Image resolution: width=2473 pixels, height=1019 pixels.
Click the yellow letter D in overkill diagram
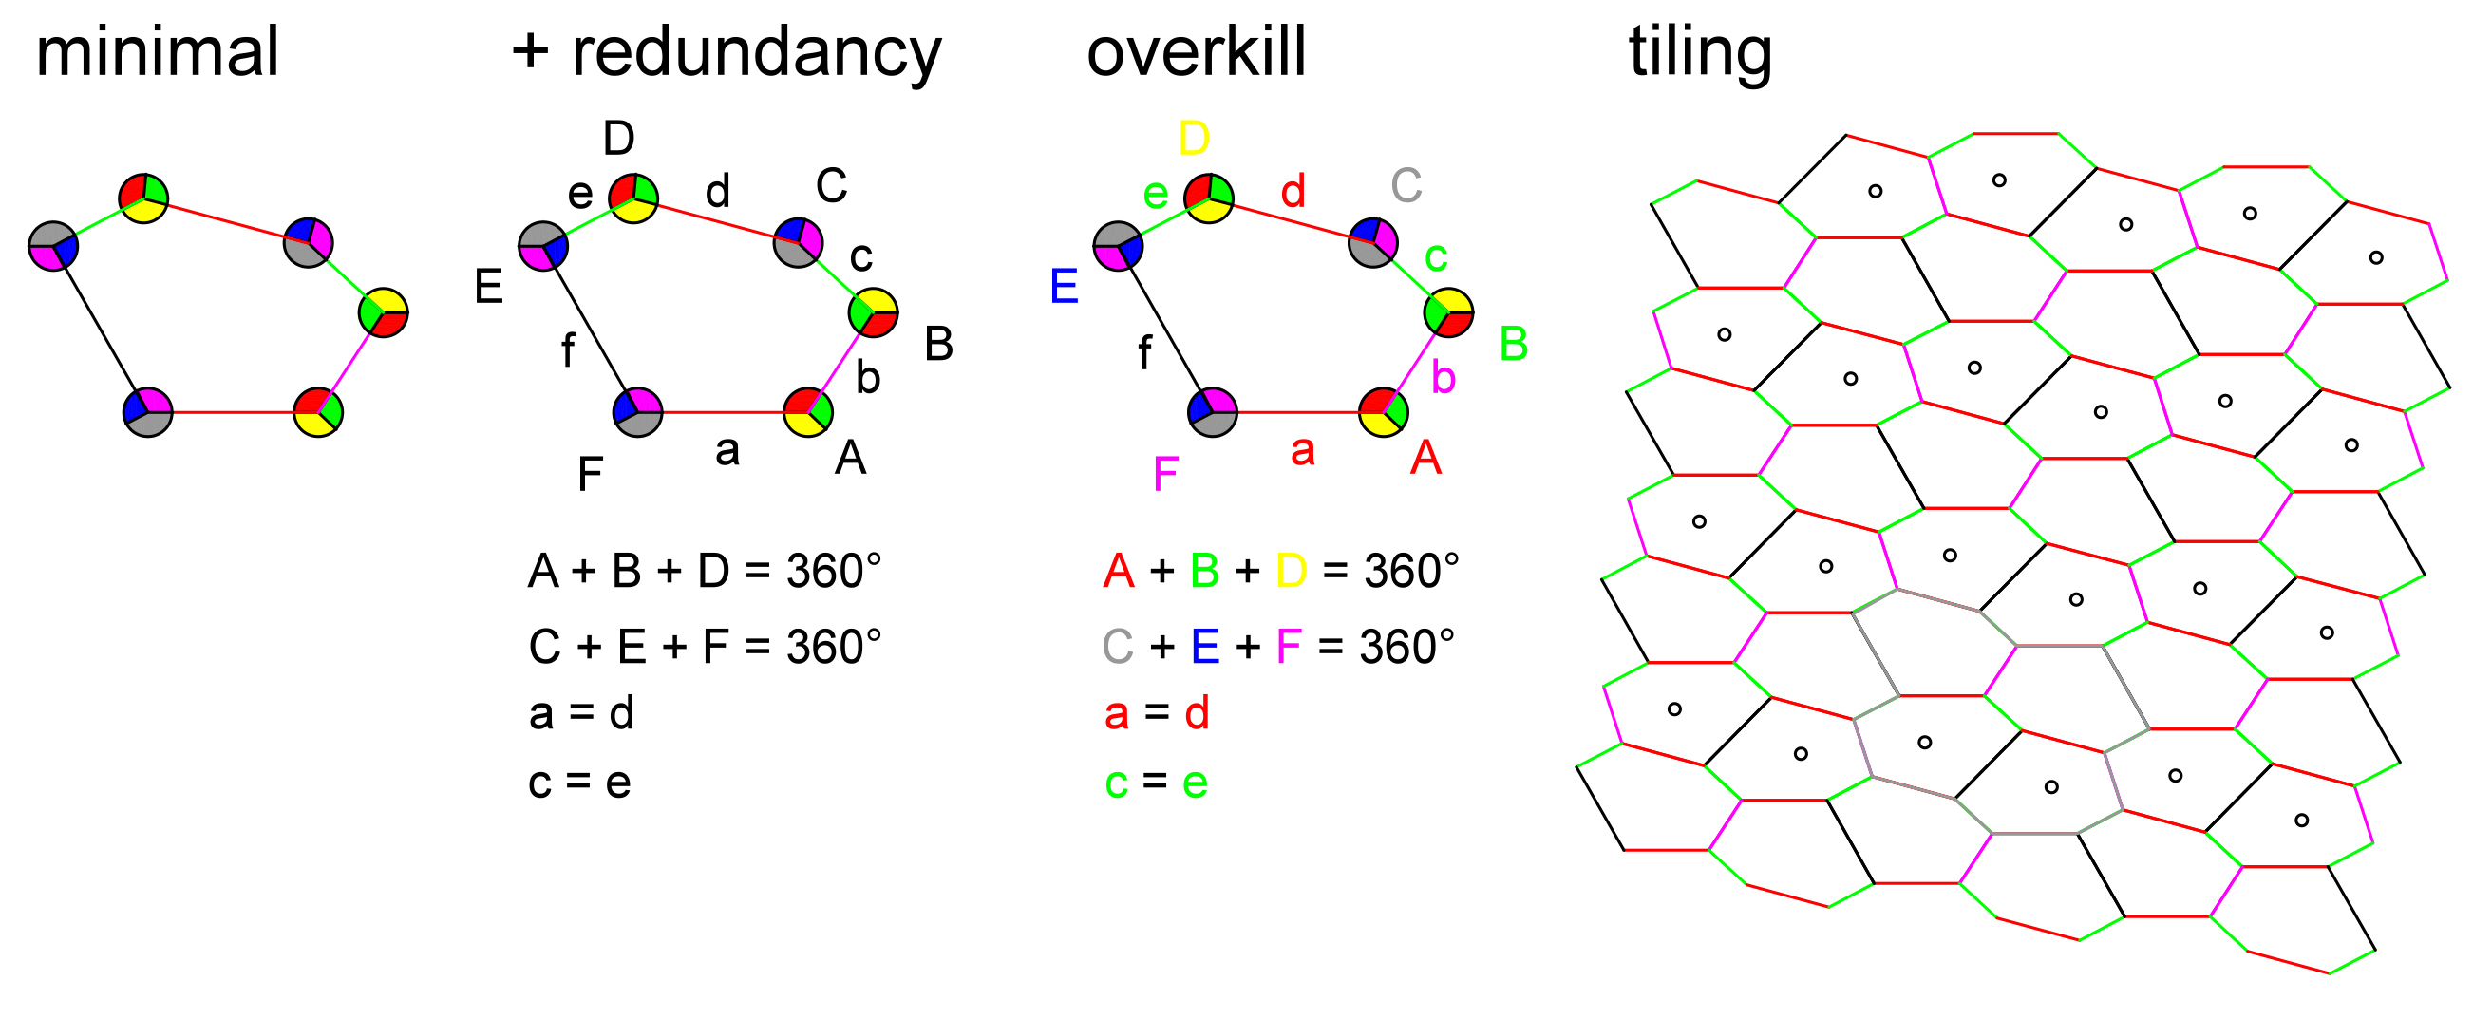(x=1195, y=140)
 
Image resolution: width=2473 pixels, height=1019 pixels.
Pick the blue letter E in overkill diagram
(x=1064, y=286)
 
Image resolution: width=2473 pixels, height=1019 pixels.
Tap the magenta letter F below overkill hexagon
(x=1165, y=474)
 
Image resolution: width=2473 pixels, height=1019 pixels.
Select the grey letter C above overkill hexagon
(x=1406, y=185)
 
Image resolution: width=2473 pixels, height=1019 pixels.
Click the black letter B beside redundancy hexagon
(x=938, y=344)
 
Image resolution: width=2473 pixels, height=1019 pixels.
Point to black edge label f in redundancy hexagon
(x=568, y=351)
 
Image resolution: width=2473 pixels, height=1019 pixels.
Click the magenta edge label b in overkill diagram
(x=1443, y=377)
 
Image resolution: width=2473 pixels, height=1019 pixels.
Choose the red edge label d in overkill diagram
(x=1293, y=191)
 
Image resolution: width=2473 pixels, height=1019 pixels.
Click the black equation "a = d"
(x=582, y=713)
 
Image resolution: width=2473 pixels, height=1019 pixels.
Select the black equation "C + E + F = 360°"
(x=705, y=647)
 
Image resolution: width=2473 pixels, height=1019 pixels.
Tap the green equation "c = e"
(x=1156, y=783)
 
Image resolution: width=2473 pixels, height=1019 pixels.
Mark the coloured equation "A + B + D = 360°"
(x=1280, y=572)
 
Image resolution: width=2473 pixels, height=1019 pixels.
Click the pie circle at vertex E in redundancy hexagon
(x=543, y=246)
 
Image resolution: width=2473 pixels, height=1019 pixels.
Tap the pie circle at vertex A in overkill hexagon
(x=1385, y=413)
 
